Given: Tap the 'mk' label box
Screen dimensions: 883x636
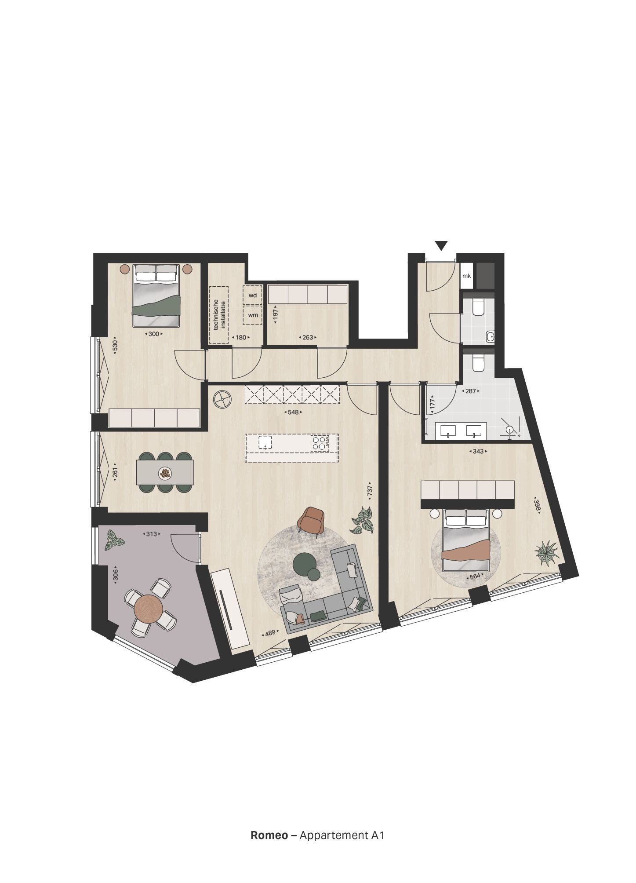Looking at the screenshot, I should click(466, 276).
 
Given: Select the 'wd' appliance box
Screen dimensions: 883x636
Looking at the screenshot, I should click(253, 295).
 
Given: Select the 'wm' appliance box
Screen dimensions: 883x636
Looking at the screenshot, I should click(253, 315).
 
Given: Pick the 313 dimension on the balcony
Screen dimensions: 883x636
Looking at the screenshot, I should click(151, 534).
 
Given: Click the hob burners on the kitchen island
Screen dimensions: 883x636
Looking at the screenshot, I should click(320, 443).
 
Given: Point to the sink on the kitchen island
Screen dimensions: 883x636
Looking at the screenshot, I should click(265, 442).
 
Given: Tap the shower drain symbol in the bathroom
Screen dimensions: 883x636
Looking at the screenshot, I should click(509, 430).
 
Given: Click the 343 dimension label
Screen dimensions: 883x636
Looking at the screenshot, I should click(479, 451).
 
